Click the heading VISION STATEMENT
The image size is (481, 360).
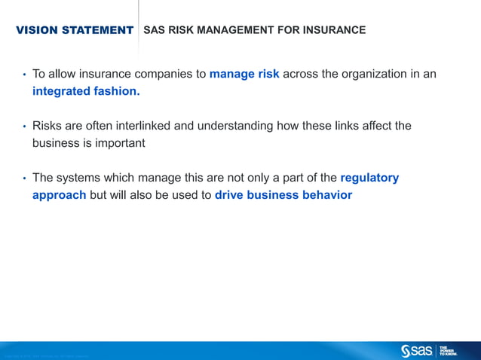75,30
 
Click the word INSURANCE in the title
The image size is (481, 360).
334,30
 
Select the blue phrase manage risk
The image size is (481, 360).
244,74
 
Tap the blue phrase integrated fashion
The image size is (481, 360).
86,92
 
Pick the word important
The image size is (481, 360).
114,143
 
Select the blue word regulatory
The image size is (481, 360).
369,178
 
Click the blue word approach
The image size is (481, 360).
59,195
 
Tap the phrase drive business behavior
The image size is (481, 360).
283,195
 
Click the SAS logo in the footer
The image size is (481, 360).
417,350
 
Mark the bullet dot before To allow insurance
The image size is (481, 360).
24,75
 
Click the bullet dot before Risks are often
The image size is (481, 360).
24,127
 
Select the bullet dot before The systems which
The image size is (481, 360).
24,178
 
